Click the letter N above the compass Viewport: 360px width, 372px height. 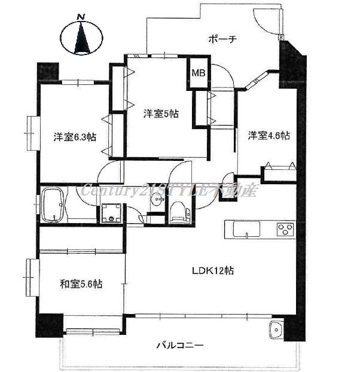point(81,17)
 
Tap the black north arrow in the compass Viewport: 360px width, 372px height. point(82,38)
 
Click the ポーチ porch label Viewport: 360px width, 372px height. point(222,39)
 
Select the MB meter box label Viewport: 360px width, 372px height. point(199,73)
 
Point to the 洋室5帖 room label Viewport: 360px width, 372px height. point(161,114)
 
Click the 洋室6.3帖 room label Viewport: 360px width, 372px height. point(75,137)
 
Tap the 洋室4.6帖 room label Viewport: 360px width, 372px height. point(269,136)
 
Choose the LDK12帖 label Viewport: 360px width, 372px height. point(213,270)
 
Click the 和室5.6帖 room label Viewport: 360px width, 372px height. point(81,283)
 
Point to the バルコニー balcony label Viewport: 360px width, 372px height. point(180,345)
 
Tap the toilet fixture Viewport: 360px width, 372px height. point(180,212)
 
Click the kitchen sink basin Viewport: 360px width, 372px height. point(246,230)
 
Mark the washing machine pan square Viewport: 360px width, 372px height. point(111,214)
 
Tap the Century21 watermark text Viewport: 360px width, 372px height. point(169,191)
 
